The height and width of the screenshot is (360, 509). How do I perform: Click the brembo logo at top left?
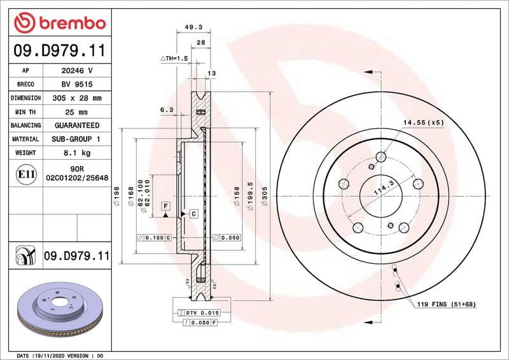tap(59, 24)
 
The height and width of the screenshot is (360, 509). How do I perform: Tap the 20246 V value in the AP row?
tap(77, 71)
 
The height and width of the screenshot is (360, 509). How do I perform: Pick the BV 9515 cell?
tap(77, 85)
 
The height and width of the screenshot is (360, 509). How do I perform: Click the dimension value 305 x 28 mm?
tap(77, 98)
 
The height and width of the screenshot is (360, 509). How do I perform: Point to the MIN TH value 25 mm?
tap(77, 112)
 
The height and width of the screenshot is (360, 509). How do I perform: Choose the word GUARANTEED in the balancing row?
tap(77, 125)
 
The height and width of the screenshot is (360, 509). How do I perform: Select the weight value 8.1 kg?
tap(77, 153)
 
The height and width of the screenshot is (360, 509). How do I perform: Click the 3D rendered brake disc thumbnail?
tap(59, 310)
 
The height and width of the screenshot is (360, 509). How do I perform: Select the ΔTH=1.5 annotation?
tap(175, 58)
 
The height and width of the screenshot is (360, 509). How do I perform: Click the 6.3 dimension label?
tap(167, 110)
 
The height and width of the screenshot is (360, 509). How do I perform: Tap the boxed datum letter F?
tap(165, 205)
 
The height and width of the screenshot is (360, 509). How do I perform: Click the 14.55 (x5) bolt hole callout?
tap(422, 121)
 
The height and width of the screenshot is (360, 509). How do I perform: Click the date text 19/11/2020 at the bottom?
tap(52, 355)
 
